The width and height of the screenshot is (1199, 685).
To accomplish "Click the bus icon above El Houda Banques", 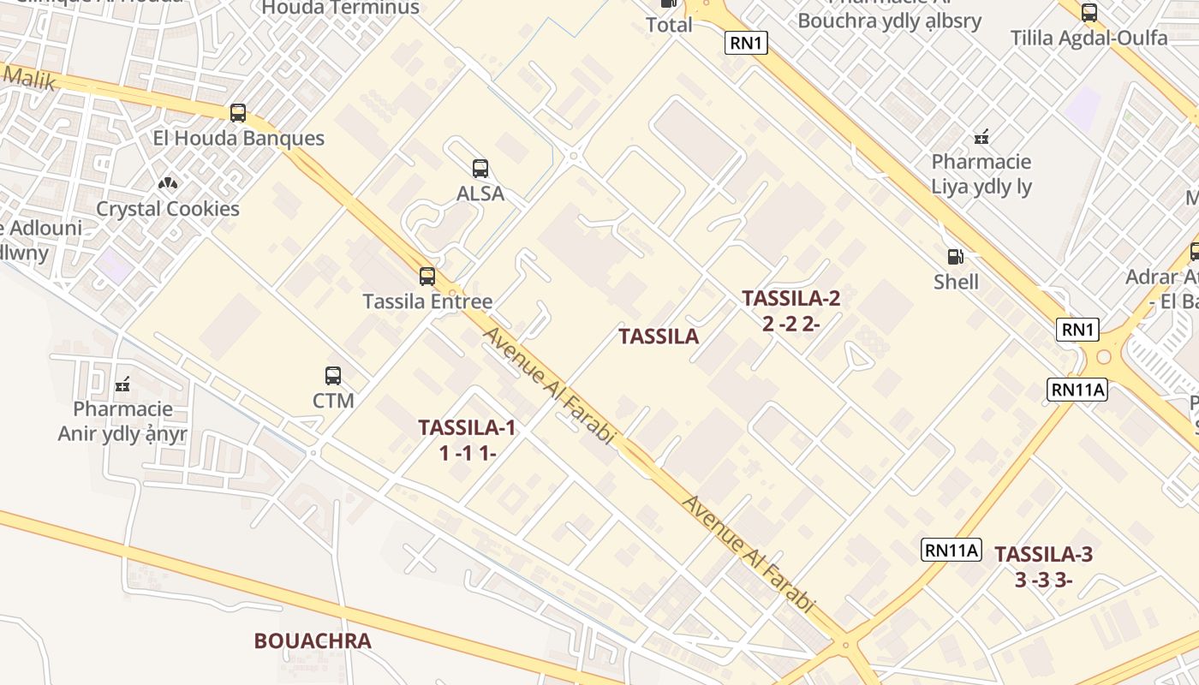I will [238, 112].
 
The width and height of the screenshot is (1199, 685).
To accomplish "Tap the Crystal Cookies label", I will [168, 209].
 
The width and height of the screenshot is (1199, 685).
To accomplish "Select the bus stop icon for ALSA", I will [480, 168].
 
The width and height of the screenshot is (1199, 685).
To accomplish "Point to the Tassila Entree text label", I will [427, 301].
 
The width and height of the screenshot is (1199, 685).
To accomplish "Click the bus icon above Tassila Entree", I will [427, 276].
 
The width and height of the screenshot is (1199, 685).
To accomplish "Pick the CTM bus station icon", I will [333, 375].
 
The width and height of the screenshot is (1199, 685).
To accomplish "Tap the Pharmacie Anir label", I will [122, 421].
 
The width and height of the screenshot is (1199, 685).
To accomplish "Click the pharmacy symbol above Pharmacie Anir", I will [122, 384].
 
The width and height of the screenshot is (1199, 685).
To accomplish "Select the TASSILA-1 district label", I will [468, 439].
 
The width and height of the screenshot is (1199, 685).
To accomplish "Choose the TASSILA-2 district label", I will [791, 310].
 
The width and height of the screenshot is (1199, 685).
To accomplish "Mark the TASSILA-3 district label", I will [1044, 566].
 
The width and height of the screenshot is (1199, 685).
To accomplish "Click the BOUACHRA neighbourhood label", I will [313, 640].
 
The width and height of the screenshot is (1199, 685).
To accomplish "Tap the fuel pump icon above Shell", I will [955, 256].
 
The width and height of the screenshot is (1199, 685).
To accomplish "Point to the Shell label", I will [956, 282].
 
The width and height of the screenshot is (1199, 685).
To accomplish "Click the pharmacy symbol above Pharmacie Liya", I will [981, 136].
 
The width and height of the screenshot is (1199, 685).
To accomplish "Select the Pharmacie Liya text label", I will [981, 174].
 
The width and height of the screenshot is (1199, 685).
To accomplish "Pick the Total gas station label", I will [669, 25].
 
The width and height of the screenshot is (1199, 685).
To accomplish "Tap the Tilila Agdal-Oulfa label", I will [1089, 38].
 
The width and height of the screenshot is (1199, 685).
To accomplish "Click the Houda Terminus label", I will [341, 8].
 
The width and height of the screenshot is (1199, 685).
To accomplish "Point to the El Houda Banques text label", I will [238, 138].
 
